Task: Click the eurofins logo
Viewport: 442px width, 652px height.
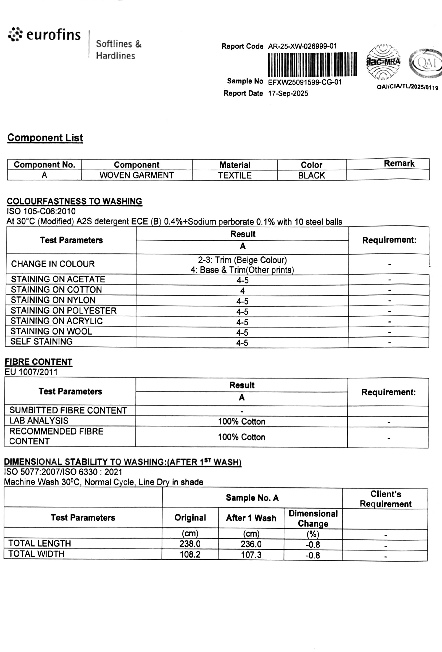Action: pos(44,35)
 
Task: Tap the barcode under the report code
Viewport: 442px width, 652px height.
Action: pos(312,64)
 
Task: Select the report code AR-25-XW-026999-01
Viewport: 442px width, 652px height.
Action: pos(302,46)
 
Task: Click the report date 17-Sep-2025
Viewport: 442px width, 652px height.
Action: pos(288,93)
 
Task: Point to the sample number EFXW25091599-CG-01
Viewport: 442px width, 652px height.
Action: pos(305,82)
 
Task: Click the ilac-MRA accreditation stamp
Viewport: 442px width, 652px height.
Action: pos(383,62)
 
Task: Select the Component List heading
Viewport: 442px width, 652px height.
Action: pos(45,138)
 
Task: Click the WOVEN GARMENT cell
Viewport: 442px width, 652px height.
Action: pos(136,175)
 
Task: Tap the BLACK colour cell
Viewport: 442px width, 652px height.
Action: pos(311,175)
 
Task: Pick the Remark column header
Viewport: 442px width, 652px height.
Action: pos(399,164)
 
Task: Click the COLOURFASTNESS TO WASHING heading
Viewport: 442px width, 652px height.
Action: pos(74,201)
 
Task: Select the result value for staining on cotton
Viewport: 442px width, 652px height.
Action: pos(242,291)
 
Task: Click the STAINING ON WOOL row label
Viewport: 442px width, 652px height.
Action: pos(51,331)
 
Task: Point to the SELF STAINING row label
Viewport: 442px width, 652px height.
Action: pos(41,341)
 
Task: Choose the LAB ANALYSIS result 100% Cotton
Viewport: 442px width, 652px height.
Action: pos(241,421)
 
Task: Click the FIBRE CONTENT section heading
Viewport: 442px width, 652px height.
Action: pos(38,362)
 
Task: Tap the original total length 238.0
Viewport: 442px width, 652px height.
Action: pos(190,544)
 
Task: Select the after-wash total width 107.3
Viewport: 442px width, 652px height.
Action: pos(251,555)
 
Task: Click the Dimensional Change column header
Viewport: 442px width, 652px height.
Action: pos(313,519)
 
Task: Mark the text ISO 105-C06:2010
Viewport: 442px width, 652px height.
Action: pos(41,211)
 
